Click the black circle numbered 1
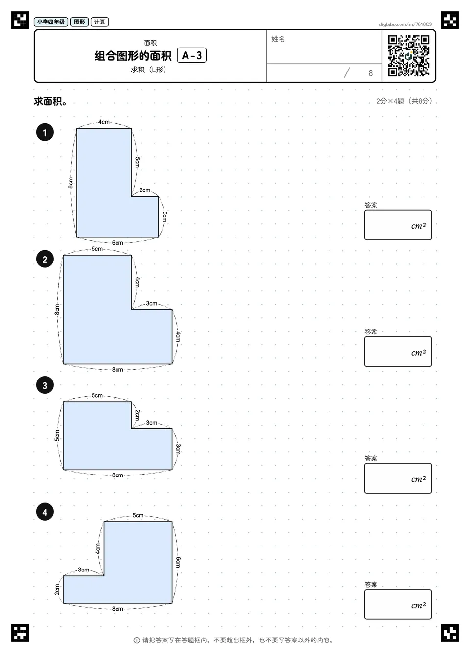click(45, 132)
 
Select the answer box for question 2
click(398, 352)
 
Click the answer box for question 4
click(398, 604)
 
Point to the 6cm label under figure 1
click(117, 243)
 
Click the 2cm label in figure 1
click(145, 190)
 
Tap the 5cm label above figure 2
click(97, 249)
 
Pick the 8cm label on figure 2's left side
click(57, 309)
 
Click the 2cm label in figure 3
click(137, 415)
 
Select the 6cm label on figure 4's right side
click(178, 562)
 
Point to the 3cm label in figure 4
click(83, 570)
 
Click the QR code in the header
click(409, 56)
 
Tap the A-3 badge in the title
click(192, 55)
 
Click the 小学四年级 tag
click(51, 22)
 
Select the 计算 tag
click(100, 22)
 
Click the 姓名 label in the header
click(278, 39)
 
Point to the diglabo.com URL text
click(405, 24)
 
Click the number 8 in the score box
click(371, 73)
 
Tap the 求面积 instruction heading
click(50, 101)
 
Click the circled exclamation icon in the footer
click(137, 641)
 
